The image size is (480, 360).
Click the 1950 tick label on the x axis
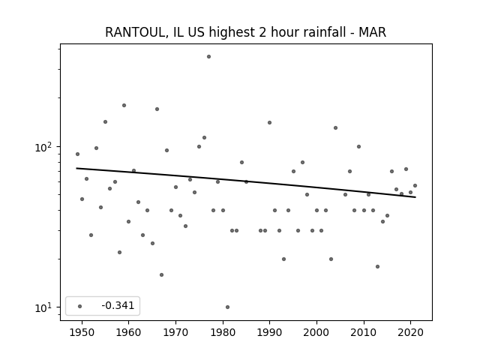click(x=82, y=332)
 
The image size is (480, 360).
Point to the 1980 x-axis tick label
click(x=223, y=332)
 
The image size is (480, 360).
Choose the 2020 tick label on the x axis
click(x=410, y=332)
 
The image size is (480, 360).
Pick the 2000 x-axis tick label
click(x=316, y=332)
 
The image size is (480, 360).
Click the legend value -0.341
click(x=118, y=305)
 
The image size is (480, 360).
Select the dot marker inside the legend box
click(x=80, y=306)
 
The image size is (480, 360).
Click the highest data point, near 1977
click(x=208, y=57)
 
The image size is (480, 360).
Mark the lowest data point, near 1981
click(x=227, y=307)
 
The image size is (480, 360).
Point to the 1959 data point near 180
click(x=124, y=105)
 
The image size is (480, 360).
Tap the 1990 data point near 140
click(x=270, y=123)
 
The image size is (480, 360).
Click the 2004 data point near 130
click(x=335, y=128)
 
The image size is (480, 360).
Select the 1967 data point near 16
click(x=162, y=275)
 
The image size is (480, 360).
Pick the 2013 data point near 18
click(x=377, y=267)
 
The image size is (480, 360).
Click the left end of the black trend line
click(x=76, y=168)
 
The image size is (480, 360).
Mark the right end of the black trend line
click(x=415, y=197)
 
